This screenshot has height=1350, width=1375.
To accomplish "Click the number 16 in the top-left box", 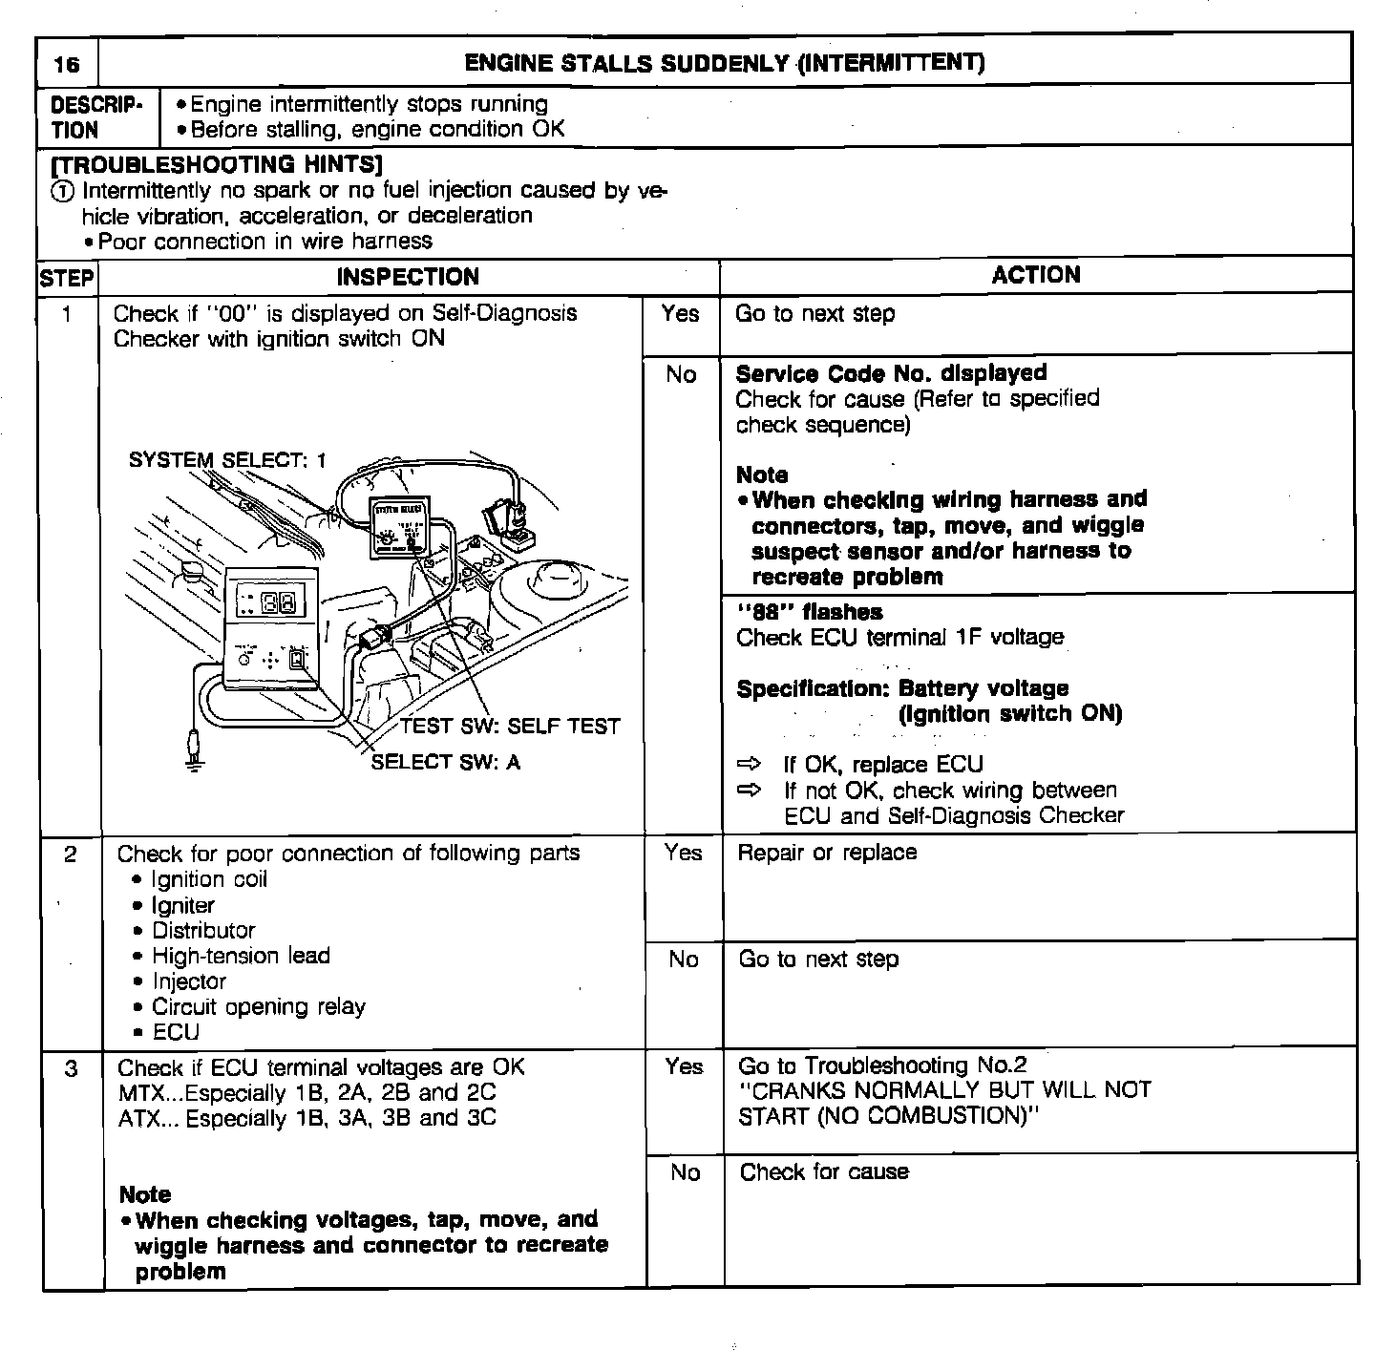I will click(x=67, y=65).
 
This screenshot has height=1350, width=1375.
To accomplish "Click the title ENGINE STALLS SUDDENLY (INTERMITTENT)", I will click(x=724, y=63).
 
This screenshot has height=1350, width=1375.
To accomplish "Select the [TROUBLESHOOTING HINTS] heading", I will click(x=216, y=165).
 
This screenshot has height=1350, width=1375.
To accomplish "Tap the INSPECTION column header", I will click(x=408, y=277).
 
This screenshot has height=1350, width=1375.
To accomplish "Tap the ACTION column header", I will click(x=1036, y=275).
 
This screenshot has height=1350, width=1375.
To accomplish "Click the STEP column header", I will click(x=67, y=279).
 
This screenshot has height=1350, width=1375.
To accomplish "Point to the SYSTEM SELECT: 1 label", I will click(x=227, y=460).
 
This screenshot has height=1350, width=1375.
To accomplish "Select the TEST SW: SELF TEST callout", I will click(x=510, y=726).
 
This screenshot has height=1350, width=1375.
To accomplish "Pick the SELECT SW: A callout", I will click(x=445, y=762).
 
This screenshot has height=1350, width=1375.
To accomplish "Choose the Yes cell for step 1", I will click(x=680, y=314).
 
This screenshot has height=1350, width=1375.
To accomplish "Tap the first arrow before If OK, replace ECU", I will click(x=750, y=765).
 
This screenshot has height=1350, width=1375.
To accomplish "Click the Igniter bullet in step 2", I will click(x=182, y=905).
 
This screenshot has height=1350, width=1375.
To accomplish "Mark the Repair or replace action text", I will click(x=827, y=853).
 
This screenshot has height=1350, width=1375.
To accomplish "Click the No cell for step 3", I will click(x=685, y=1172).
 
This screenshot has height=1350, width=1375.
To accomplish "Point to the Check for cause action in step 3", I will click(x=824, y=1172).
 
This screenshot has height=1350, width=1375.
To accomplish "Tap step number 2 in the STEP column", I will click(x=71, y=854).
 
